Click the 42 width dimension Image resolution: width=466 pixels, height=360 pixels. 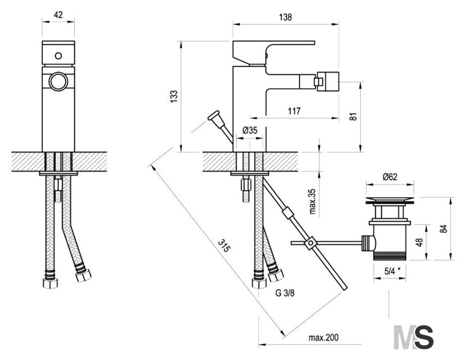pyautogui.click(x=58, y=15)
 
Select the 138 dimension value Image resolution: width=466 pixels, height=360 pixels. pyautogui.click(x=286, y=17)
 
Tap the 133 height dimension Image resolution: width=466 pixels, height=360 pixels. pyautogui.click(x=174, y=96)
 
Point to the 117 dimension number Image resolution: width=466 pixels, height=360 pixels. pyautogui.click(x=294, y=111)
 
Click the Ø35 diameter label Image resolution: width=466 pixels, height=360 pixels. pyautogui.click(x=250, y=130)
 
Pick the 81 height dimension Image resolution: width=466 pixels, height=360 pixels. pyautogui.click(x=353, y=116)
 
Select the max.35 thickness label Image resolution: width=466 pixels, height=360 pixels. pyautogui.click(x=313, y=201)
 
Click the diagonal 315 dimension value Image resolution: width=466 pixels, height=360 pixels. pyautogui.click(x=224, y=245)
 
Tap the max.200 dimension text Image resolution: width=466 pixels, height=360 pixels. pyautogui.click(x=323, y=337)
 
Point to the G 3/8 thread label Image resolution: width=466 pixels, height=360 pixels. pyautogui.click(x=284, y=293)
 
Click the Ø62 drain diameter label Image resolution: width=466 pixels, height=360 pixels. pyautogui.click(x=390, y=177)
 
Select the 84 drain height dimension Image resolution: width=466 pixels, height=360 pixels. pyautogui.click(x=443, y=228)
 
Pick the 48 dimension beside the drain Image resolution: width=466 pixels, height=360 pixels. pyautogui.click(x=419, y=242)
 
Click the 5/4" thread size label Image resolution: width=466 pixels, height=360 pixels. pyautogui.click(x=392, y=271)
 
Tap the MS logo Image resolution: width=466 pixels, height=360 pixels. pyautogui.click(x=413, y=337)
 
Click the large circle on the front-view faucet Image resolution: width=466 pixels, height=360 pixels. pyautogui.click(x=58, y=81)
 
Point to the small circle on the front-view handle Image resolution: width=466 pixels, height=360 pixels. pyautogui.click(x=58, y=56)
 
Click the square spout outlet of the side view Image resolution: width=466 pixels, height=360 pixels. pyautogui.click(x=328, y=80)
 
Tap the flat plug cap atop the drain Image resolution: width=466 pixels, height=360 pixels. pyautogui.click(x=390, y=200)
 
